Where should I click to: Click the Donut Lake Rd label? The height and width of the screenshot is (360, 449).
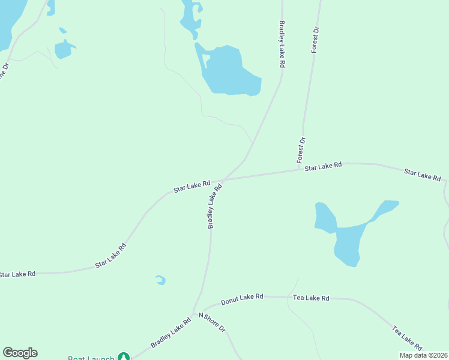(242, 298)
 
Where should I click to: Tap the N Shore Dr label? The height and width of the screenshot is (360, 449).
(212, 323)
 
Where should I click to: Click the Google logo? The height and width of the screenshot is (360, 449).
(20, 353)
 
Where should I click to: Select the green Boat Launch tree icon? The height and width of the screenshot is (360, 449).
(124, 358)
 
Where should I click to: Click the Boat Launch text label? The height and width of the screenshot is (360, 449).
(91, 358)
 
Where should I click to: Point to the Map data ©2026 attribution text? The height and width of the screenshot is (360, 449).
(424, 355)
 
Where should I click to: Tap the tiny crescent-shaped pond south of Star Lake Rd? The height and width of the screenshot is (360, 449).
(161, 280)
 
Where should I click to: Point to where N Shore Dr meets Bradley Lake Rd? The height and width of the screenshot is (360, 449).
(193, 314)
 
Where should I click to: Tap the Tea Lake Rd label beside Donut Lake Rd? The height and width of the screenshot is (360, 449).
(311, 298)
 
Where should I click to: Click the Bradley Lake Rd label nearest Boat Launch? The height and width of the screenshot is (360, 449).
(170, 332)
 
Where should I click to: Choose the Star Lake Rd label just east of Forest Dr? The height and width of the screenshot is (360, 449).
(323, 166)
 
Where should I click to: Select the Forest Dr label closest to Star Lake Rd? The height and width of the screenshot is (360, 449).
(301, 150)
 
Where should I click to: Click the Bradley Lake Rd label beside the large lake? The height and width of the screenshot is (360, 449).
(281, 45)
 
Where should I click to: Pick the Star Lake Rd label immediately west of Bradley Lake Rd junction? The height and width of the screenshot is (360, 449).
(192, 187)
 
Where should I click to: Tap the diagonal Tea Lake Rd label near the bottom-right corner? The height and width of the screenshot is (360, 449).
(407, 338)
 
